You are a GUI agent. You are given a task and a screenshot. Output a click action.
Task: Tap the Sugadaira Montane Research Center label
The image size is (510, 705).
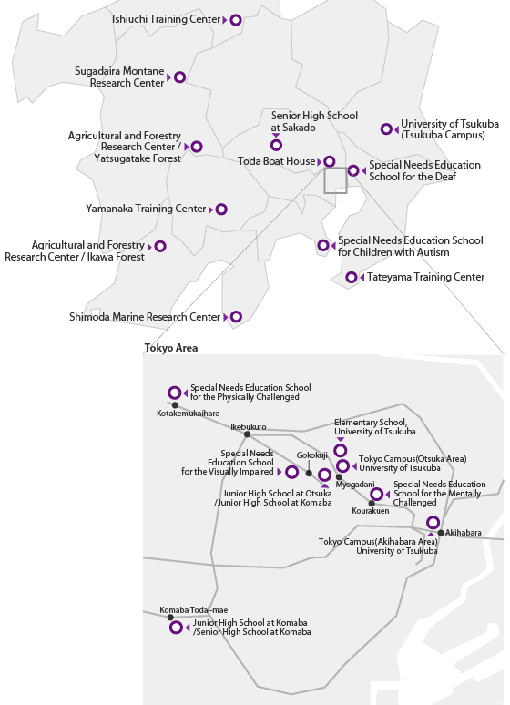point(119,77)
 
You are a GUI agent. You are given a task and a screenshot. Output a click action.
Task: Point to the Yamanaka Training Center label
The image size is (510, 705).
point(146,209)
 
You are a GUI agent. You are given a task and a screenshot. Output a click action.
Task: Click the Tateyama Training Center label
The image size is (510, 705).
point(426,277)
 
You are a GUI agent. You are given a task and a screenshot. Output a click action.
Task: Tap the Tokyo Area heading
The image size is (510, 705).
point(171,348)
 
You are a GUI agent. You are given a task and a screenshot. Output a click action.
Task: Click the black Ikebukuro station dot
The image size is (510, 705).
point(247,434)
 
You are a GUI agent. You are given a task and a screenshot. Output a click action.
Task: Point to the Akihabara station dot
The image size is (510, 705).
point(441,533)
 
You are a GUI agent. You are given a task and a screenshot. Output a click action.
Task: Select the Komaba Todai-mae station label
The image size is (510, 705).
point(194,610)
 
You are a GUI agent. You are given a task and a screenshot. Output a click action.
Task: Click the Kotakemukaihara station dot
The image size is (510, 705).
point(175,405)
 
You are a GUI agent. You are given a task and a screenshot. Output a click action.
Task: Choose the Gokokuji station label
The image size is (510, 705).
point(311,455)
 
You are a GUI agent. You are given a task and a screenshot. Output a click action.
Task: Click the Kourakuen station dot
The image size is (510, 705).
point(372,504)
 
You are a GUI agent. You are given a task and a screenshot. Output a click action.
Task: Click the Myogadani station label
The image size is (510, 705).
point(355,485)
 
